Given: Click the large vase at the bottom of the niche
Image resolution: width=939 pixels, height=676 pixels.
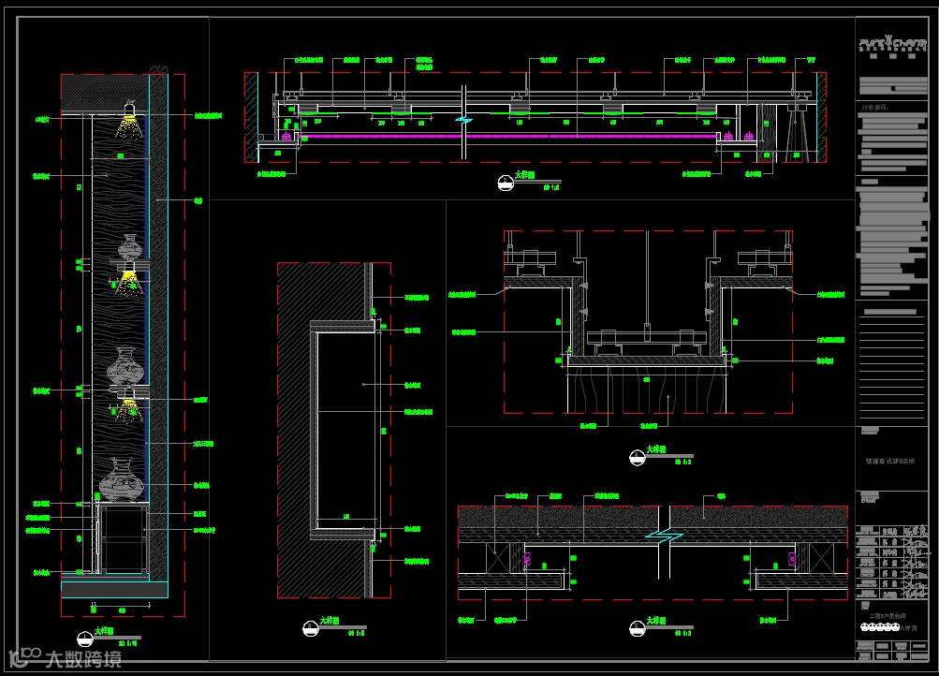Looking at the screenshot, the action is click(x=122, y=481).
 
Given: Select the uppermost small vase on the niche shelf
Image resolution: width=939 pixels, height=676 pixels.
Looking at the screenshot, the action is click(x=130, y=249).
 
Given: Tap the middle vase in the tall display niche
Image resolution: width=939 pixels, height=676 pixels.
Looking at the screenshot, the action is click(x=126, y=365).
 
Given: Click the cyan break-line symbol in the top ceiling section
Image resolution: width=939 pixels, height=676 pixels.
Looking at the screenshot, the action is click(x=463, y=120).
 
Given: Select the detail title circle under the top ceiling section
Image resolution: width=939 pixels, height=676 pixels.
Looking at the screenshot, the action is click(x=506, y=184).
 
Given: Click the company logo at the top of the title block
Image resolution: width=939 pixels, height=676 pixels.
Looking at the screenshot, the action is click(x=891, y=43).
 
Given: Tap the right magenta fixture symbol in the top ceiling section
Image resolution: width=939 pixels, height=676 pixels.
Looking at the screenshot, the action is click(x=749, y=137).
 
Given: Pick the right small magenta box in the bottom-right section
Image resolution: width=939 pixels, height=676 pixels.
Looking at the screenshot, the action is click(x=792, y=559).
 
